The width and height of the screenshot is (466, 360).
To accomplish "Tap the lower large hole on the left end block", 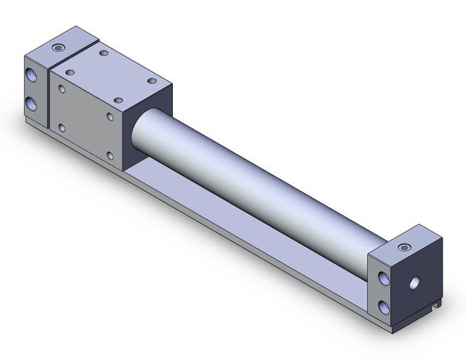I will click(x=31, y=102).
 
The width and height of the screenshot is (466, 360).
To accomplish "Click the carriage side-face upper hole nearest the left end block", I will click(x=62, y=89).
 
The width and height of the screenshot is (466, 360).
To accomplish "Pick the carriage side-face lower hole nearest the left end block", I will click(x=62, y=128).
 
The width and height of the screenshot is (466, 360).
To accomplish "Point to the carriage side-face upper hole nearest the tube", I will click(x=110, y=116).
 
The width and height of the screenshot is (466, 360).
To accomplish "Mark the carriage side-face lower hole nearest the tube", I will click(x=110, y=155).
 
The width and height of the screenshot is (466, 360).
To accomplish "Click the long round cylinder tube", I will click(x=258, y=184).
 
